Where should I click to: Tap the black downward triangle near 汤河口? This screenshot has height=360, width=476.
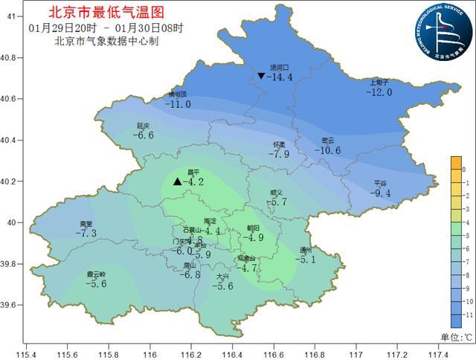[261, 76]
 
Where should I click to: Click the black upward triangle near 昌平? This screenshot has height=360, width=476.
[177, 181]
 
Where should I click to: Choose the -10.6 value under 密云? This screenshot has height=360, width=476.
[327, 150]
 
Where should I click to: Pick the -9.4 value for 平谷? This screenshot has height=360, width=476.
[380, 193]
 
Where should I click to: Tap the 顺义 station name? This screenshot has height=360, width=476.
[277, 193]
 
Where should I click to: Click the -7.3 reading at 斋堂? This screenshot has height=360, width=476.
[86, 234]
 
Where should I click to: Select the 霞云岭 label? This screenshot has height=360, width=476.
[96, 274]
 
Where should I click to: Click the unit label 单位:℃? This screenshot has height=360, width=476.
[456, 337]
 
